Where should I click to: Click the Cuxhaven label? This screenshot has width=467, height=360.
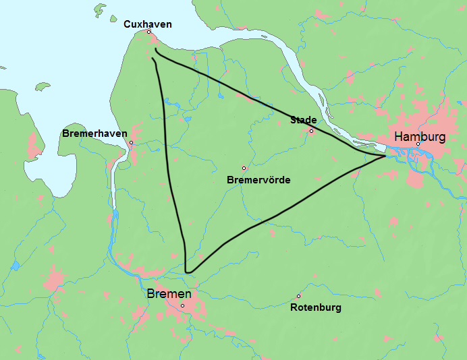pos(147,24)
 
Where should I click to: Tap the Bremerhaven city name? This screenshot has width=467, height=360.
pos(94,133)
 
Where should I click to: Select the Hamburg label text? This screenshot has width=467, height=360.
pos(420,136)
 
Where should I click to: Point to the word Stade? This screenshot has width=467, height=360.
pos(304,120)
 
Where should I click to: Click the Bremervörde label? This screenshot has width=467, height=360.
pos(258,180)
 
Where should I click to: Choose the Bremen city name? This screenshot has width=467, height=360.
pos(169,295)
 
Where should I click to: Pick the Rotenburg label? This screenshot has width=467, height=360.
pos(315,307)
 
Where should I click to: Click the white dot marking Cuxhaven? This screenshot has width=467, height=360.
pos(148,32)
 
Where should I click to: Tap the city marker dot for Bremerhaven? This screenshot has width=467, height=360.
pos(131,143)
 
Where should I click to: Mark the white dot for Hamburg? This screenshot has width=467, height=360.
pos(418,144)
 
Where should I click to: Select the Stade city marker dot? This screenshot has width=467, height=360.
pos(311,131)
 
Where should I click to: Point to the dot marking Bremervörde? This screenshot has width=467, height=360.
pos(244,168)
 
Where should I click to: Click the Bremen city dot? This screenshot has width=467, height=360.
pos(182,305)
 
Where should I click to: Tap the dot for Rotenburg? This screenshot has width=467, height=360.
pos(298,296)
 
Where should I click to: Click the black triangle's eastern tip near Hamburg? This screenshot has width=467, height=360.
pos(385,156)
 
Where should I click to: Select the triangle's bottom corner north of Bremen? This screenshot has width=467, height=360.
pos(188,272)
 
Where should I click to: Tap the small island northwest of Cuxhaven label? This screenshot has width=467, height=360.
pos(101,10)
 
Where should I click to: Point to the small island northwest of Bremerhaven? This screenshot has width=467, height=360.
pos(43,86)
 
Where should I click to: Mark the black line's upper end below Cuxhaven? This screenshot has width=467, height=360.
pos(155,49)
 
